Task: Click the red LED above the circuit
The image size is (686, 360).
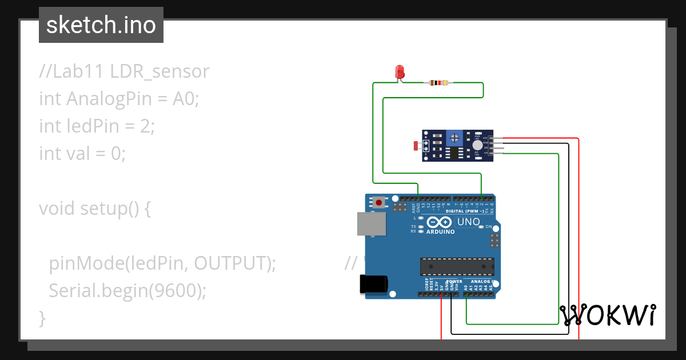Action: pyautogui.click(x=400, y=72)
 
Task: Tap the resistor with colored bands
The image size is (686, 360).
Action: pyautogui.click(x=438, y=83)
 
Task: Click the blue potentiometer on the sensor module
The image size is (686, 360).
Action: pyautogui.click(x=454, y=138)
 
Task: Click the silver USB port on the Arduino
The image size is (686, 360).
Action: pyautogui.click(x=371, y=224)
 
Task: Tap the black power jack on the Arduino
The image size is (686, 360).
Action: pyautogui.click(x=373, y=284)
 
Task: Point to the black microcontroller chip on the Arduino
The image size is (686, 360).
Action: pyautogui.click(x=457, y=266)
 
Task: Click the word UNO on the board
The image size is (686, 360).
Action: pyautogui.click(x=468, y=222)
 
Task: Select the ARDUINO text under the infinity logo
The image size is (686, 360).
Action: pyautogui.click(x=441, y=232)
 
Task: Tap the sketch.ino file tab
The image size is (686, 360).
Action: pyautogui.click(x=101, y=25)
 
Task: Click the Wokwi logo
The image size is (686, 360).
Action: pyautogui.click(x=608, y=315)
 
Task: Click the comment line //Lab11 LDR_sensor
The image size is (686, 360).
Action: pyautogui.click(x=124, y=71)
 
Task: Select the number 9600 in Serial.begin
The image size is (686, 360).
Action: pyautogui.click(x=175, y=290)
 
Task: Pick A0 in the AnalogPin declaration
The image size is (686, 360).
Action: pyautogui.click(x=185, y=99)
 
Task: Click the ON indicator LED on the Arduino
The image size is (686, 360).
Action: pyautogui.click(x=481, y=227)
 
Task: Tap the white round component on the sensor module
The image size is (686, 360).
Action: pyautogui.click(x=477, y=146)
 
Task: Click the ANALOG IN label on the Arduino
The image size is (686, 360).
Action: pyautogui.click(x=481, y=282)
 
